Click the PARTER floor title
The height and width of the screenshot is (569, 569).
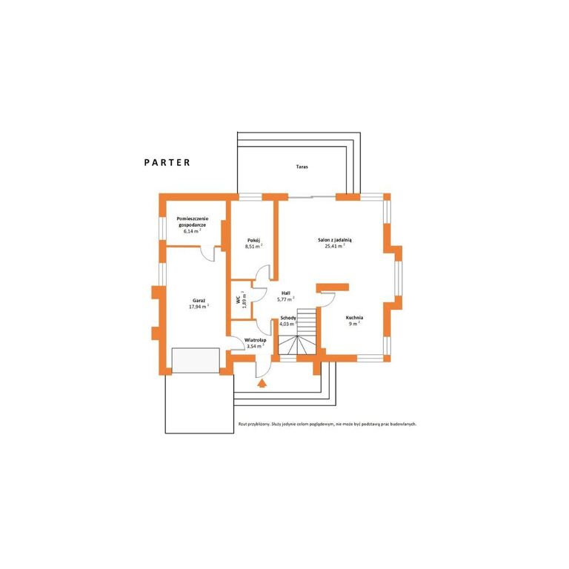coord(167,162)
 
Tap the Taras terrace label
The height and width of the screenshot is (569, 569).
coord(302,167)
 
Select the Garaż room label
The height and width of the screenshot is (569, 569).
coord(199,301)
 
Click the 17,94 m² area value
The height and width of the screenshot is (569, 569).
coord(199,307)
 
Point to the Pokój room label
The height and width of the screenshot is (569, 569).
coord(253,240)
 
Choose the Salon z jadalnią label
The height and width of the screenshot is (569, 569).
coord(335,240)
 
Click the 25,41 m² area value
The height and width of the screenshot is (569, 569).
coord(335,246)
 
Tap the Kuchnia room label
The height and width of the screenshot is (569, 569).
coord(354,318)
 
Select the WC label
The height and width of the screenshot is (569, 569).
coord(238,301)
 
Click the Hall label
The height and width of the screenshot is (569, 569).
coord(286,293)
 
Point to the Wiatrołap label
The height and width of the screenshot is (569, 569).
coord(255,340)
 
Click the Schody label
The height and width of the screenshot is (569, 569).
coord(288,318)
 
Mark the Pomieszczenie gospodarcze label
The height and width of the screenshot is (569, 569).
coord(193,222)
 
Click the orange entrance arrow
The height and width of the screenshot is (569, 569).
coord(262,384)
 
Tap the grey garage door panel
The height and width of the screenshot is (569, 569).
coord(196,360)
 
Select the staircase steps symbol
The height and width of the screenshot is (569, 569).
coord(297,332)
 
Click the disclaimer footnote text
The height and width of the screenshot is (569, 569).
coord(327,424)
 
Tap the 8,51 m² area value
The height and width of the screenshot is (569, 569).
coord(253,247)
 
